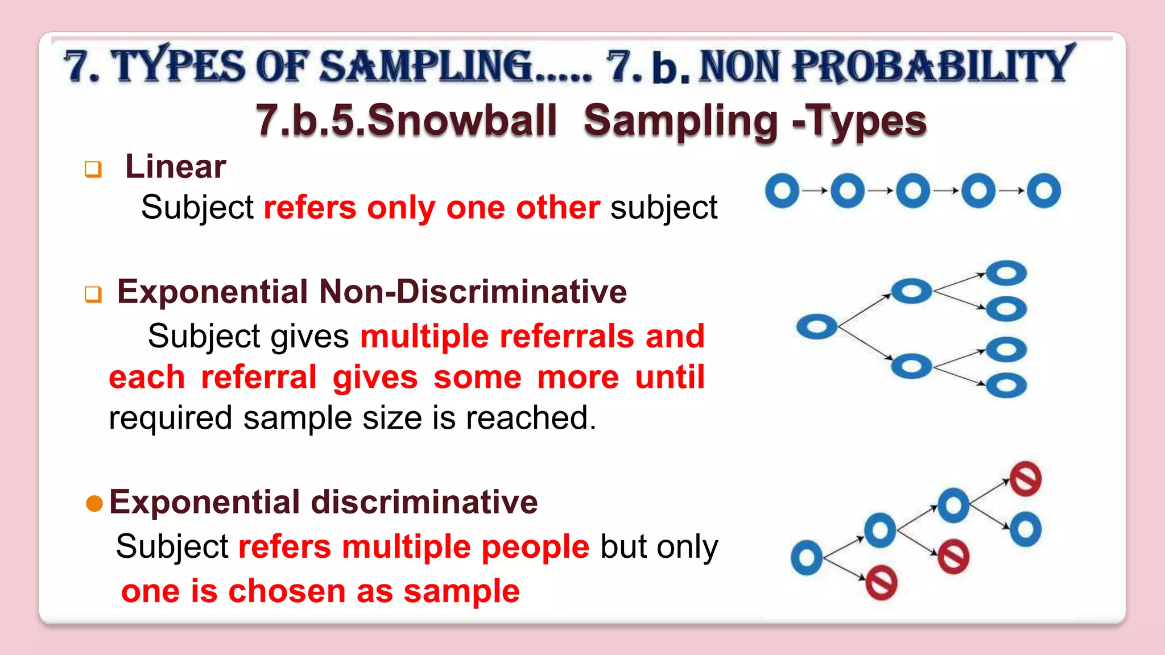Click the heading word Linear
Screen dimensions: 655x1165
pyautogui.click(x=175, y=167)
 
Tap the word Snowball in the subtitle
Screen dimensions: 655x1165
pyautogui.click(x=462, y=121)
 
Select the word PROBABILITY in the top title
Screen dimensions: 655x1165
pyautogui.click(x=933, y=66)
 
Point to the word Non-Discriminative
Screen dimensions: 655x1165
pyautogui.click(x=473, y=292)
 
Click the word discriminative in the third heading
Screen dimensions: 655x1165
pyautogui.click(x=424, y=502)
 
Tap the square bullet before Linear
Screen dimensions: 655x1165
pyautogui.click(x=93, y=169)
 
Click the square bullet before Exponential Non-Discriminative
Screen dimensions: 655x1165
pyautogui.click(x=93, y=294)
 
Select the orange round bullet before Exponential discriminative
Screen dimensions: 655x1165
pyautogui.click(x=94, y=503)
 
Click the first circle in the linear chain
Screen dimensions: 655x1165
pyautogui.click(x=782, y=190)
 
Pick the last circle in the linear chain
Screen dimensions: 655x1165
pyautogui.click(x=1044, y=190)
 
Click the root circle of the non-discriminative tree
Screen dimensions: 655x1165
pyautogui.click(x=817, y=327)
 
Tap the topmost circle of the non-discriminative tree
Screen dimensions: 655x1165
pyautogui.click(x=1006, y=273)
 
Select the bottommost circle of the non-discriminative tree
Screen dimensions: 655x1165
pyautogui.click(x=1006, y=386)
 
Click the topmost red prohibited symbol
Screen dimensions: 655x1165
pyautogui.click(x=1026, y=479)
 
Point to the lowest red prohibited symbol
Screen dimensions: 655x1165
pyautogui.click(x=881, y=583)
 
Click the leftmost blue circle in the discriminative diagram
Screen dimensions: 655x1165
pyautogui.click(x=807, y=558)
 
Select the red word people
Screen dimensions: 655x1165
pyautogui.click(x=535, y=547)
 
